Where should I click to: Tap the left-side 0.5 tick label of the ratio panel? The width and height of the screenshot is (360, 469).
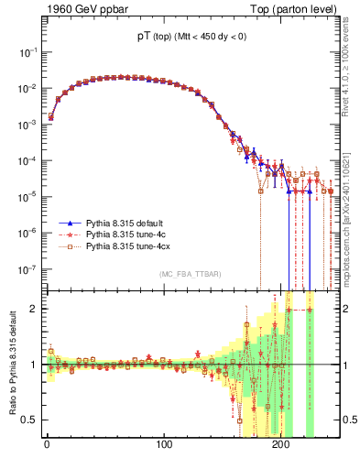[x=30, y=420]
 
